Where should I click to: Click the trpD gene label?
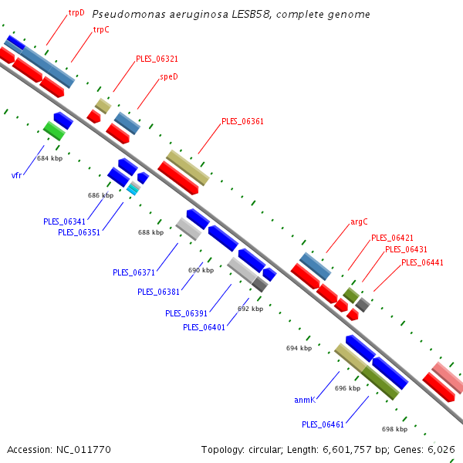click(76, 13)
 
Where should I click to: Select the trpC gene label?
click(101, 30)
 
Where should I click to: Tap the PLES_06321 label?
click(157, 59)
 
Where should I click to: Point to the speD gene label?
click(169, 76)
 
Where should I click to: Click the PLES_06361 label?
click(242, 121)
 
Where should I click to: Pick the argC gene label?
click(359, 221)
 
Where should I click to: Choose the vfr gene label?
click(16, 175)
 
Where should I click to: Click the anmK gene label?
click(305, 400)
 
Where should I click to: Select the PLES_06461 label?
click(323, 424)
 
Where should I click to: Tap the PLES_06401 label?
click(204, 327)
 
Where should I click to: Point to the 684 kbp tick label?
click(50, 158)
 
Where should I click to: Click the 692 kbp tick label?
click(250, 309)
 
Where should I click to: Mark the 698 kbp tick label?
click(395, 429)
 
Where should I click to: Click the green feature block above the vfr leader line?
click(54, 131)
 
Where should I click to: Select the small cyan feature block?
click(132, 189)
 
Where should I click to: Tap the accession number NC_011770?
click(83, 450)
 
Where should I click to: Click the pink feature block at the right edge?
click(448, 377)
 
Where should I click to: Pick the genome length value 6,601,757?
click(347, 450)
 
